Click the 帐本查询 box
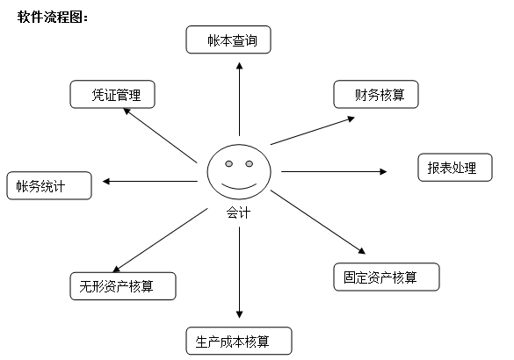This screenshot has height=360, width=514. point(228,40)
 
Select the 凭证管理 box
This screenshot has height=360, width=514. point(112,94)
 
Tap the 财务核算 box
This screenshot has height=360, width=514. point(376,94)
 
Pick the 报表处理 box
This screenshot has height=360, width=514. point(455,168)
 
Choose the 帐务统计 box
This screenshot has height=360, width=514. point(49,185)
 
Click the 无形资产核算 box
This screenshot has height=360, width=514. point(123,286)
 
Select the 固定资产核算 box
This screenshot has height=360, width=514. point(387,277)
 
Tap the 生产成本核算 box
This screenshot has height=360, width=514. point(239,341)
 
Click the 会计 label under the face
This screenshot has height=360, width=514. point(239,212)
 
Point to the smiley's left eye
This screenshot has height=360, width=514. point(228,163)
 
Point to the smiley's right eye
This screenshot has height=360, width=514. point(250,163)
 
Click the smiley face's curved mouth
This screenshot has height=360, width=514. point(239,187)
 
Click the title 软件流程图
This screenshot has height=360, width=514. point(53,17)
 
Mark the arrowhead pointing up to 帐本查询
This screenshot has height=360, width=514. point(240,66)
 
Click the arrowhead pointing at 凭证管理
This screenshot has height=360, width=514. point(127,112)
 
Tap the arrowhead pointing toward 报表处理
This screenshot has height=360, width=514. point(383,171)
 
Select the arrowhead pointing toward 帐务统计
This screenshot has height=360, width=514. point(106,181)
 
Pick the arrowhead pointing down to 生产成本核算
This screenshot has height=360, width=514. point(240,314)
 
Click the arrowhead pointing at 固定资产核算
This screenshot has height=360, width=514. point(362,251)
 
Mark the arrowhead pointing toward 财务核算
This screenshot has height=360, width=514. point(351,119)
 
